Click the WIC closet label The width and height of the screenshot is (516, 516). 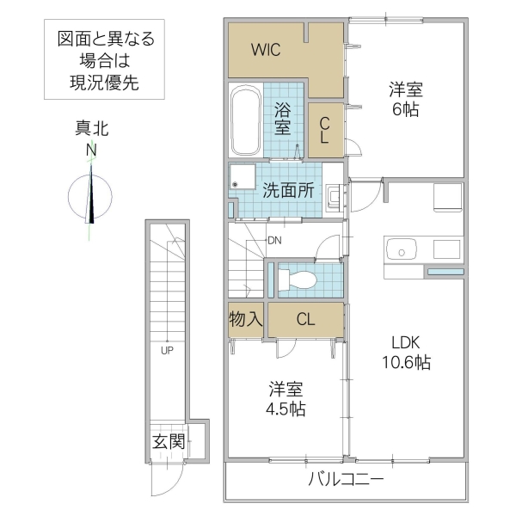coord(266,49)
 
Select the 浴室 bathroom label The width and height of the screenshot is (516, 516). coord(282,119)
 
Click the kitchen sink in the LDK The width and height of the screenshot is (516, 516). coord(400,250)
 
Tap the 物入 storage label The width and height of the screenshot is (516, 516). coord(246,319)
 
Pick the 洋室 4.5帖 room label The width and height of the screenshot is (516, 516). coord(284,396)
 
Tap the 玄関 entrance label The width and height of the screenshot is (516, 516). coord(168,442)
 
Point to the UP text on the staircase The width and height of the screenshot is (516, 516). coord(166,350)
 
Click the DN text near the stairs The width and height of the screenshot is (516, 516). coord(274,240)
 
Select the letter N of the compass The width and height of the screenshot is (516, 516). coord(91,151)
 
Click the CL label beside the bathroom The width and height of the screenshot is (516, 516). coord(326,129)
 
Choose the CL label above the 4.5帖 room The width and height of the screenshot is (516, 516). coord(305,319)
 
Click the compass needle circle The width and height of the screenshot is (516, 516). coord(91,195)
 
